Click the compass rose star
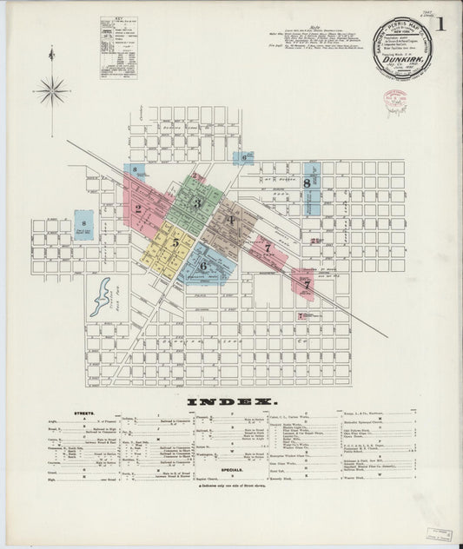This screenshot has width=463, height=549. tap(51, 89)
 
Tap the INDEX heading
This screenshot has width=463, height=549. tap(230, 401)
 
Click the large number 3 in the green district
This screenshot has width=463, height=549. tap(197, 203)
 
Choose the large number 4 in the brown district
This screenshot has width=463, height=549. tap(231, 220)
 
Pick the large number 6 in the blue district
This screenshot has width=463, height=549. tap(202, 267)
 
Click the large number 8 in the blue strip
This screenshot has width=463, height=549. tap(307, 182)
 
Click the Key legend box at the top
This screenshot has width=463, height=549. tap(118, 38)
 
